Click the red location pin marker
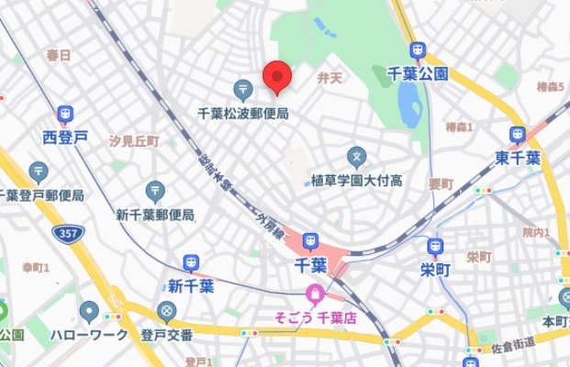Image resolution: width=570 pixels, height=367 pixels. tap(277, 77)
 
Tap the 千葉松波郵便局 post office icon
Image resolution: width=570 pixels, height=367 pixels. tap(243, 89)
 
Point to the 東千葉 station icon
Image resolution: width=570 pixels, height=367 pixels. tap(518, 135)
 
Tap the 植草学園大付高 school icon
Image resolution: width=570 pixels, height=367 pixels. tap(357, 157)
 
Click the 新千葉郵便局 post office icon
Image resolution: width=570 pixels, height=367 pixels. tap(155, 192)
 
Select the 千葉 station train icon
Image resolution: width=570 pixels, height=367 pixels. tap(308, 242)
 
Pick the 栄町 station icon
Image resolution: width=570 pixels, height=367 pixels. tap(435, 246)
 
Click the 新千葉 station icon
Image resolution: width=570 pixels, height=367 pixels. tap(191, 263)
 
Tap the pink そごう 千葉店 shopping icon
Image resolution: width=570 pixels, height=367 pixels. tap(314, 295)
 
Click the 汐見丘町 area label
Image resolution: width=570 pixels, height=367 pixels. tap(134, 142)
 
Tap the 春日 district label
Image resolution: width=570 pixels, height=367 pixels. tap(59, 56)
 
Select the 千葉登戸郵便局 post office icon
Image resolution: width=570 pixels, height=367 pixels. tap(39, 172)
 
